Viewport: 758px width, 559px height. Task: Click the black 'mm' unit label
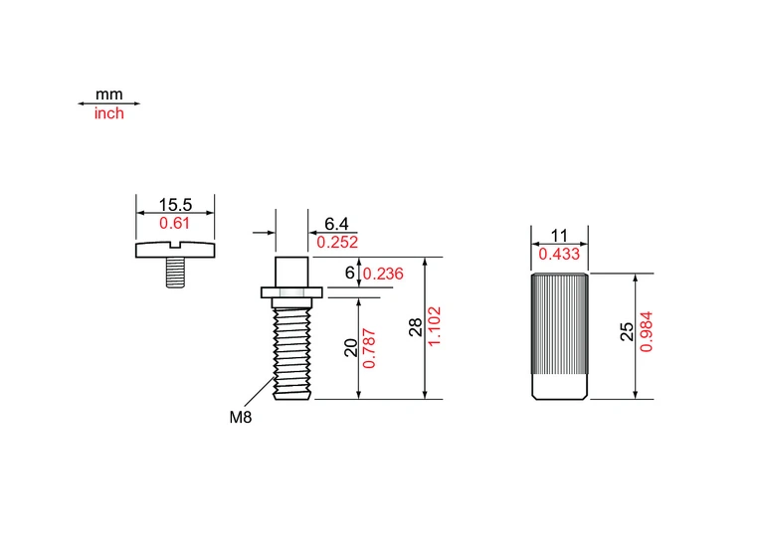pos(108,94)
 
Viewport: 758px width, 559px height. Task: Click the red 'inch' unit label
pos(108,113)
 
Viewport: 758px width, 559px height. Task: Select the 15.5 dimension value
pos(175,205)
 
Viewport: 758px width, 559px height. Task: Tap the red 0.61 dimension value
pos(174,223)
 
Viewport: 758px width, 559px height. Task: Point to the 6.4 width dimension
pos(336,224)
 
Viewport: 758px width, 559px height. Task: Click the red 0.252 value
pos(337,242)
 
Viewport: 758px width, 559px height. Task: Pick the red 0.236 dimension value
pos(383,274)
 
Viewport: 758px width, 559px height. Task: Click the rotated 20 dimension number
pos(351,348)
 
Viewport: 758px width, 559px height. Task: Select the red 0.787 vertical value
pos(369,348)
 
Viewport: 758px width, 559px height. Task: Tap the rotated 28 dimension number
pos(416,327)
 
